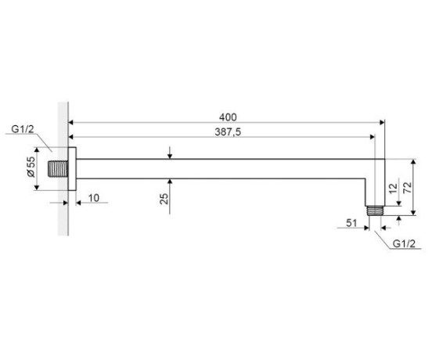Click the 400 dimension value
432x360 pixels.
[228, 117]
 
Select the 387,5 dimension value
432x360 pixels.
[228, 132]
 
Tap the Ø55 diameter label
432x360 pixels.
[31, 167]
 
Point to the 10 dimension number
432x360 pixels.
[94, 198]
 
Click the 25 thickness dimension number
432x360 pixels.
[164, 199]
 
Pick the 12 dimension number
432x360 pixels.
[394, 189]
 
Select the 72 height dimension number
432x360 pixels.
[408, 188]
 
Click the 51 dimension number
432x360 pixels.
[351, 223]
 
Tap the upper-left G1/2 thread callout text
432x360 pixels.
[23, 129]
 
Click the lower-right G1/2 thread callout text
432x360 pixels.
[404, 243]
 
